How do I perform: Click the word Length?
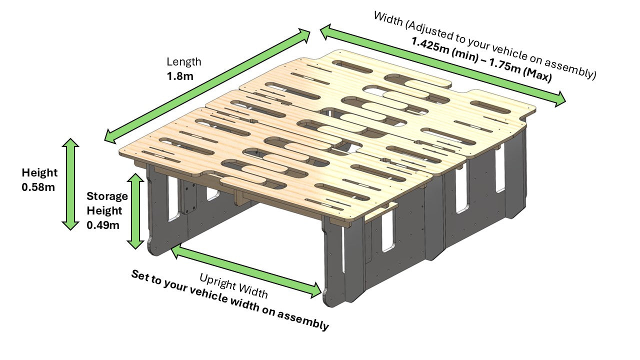(184, 62)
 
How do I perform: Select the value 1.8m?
(180, 77)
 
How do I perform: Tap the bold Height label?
(39, 173)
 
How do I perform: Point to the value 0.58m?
(38, 187)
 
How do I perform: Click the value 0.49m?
(103, 225)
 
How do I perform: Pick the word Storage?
(107, 196)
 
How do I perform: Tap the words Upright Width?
(233, 285)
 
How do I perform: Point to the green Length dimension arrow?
(207, 85)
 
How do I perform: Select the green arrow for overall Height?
(70, 184)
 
